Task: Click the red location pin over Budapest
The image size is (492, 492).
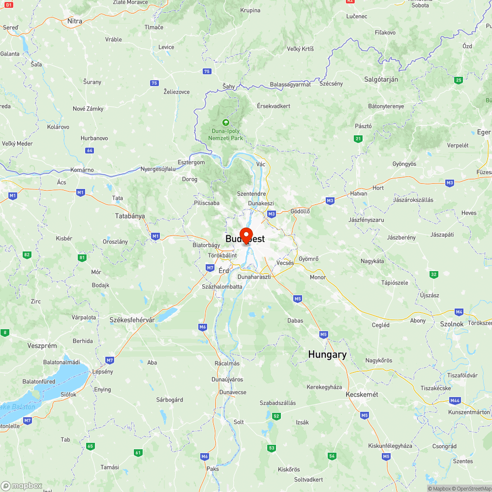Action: click(246, 235)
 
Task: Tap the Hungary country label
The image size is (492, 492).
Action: click(327, 354)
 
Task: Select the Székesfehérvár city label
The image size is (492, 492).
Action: click(132, 320)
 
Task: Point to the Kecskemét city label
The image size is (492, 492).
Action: click(362, 395)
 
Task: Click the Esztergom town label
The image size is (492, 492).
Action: click(191, 162)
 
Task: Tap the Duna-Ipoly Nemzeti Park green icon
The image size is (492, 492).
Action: click(226, 122)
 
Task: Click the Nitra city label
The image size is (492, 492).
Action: click(75, 21)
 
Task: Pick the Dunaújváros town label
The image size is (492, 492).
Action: click(227, 379)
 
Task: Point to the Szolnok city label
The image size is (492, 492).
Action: click(452, 324)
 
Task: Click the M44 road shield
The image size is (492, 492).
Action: click(455, 400)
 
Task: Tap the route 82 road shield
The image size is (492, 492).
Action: click(27, 255)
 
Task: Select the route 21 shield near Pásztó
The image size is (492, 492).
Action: click(358, 139)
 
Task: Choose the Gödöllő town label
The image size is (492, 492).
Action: click(301, 211)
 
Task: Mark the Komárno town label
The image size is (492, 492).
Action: click(82, 170)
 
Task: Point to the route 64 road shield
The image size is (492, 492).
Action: click(89, 151)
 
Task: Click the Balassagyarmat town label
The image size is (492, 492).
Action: click(290, 85)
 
